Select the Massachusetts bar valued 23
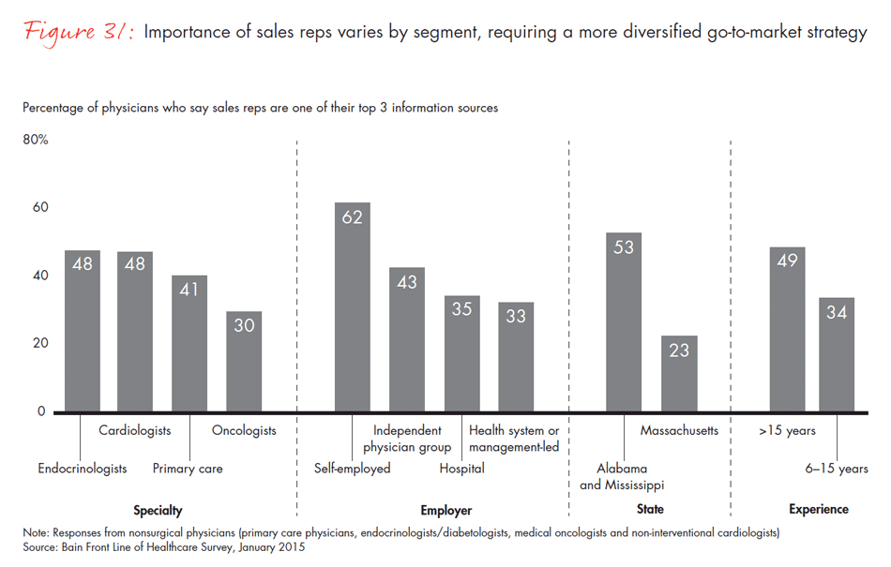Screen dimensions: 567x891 [x=679, y=374]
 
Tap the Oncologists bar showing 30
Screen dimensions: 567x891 [x=244, y=362]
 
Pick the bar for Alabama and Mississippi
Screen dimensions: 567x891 [x=625, y=322]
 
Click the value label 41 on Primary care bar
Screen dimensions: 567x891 [x=189, y=290]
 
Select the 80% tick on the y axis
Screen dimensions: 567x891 [x=36, y=140]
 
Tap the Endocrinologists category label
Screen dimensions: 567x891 [x=83, y=469]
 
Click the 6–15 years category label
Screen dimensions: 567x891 [x=838, y=469]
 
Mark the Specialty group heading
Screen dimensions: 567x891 [x=158, y=511]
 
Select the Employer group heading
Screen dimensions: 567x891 [x=446, y=511]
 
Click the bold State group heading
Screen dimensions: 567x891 [x=649, y=510]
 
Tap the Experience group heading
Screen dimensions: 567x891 [x=818, y=510]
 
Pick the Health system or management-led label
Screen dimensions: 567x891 [x=514, y=439]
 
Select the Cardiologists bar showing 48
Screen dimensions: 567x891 [x=135, y=332]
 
